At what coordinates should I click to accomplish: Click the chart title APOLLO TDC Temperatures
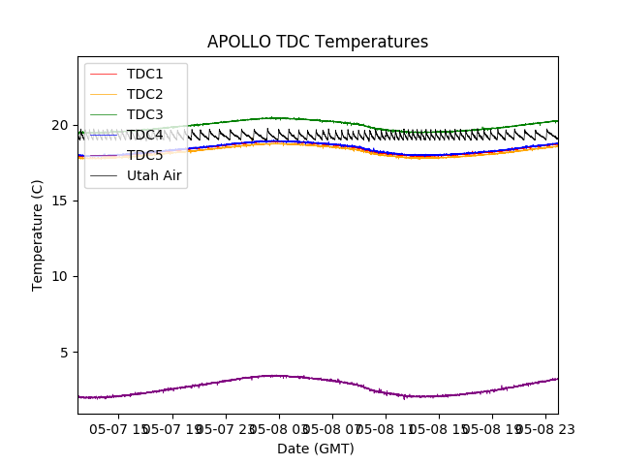(318, 42)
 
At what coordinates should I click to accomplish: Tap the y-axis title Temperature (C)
(38, 234)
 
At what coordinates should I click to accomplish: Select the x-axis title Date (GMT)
(316, 449)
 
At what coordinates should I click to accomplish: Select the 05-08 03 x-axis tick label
(278, 427)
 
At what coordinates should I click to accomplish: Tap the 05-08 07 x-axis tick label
(331, 427)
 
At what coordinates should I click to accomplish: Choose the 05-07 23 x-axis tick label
(225, 427)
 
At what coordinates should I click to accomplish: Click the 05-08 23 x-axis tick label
(542, 427)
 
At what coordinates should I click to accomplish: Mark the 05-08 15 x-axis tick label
(438, 427)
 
